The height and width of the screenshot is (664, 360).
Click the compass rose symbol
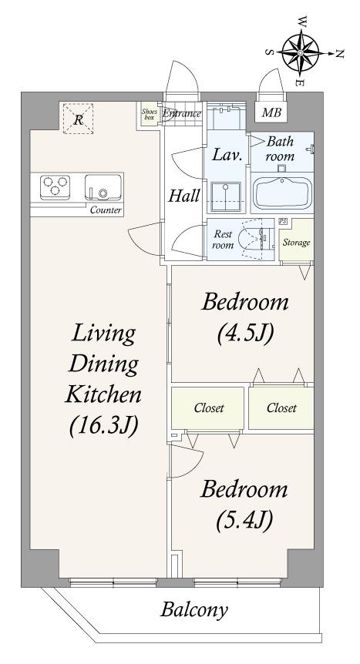point(300,53)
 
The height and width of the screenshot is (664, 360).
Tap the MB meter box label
point(271,112)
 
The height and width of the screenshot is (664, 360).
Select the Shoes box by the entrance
point(149,115)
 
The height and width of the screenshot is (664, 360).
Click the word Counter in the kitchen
point(106,210)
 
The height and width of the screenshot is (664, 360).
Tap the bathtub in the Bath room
point(282,193)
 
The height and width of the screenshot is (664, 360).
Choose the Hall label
point(184,196)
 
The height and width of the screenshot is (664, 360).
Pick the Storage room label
point(296,243)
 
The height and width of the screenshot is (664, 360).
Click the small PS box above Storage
point(281,222)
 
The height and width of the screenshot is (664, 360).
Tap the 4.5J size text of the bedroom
point(244,334)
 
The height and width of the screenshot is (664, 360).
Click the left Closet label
point(209,407)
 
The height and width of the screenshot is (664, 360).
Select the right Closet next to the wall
point(281,407)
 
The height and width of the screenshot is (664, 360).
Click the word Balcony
point(194,611)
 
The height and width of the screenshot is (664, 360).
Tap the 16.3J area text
point(104,425)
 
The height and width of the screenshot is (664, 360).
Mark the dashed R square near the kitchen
point(78,119)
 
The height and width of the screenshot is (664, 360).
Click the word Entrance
point(181,113)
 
